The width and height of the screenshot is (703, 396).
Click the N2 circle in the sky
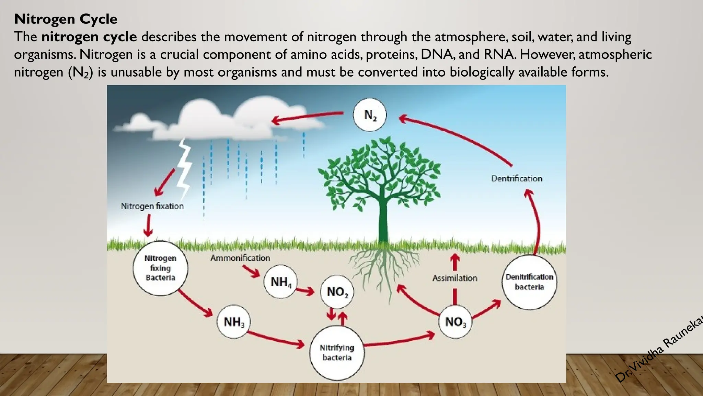[x=370, y=115]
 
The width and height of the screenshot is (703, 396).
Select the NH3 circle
[x=234, y=322]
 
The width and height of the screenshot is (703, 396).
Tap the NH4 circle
[x=280, y=282]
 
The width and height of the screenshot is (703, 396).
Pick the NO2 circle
[x=337, y=292]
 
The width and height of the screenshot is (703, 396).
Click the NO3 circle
[x=456, y=322]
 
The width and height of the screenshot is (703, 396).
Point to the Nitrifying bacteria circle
[x=337, y=353]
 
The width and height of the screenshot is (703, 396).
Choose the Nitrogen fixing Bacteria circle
[x=160, y=268]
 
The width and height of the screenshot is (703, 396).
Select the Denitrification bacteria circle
[x=529, y=282]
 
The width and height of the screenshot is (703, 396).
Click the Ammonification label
[x=240, y=258]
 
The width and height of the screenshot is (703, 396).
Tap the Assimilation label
[x=455, y=278]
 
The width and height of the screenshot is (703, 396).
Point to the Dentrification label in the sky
[x=517, y=178]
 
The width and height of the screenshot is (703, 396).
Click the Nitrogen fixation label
[x=152, y=206]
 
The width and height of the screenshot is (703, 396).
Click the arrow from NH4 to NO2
[x=305, y=291]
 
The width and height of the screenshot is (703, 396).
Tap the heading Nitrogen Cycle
[x=66, y=19]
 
